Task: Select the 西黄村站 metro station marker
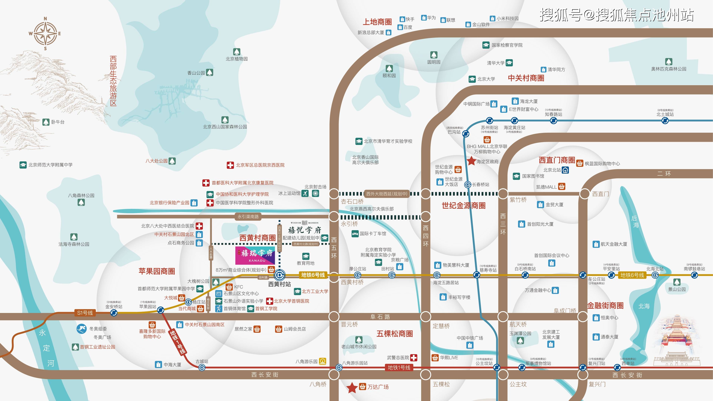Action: (280, 275)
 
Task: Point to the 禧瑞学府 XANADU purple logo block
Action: (255, 255)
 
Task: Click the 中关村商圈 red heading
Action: (526, 78)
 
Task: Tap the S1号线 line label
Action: (85, 313)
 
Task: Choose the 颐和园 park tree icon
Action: (389, 68)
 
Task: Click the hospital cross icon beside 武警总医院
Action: (413, 358)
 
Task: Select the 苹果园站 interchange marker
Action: (161, 310)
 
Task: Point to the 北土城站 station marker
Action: (665, 121)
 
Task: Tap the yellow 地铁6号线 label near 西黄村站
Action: (313, 275)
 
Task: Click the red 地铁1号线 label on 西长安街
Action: (399, 368)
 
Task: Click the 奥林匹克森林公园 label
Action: (668, 69)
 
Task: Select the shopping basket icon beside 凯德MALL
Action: (562, 187)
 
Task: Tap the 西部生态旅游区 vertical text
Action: (113, 81)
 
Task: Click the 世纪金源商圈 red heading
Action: (464, 205)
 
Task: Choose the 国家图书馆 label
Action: (533, 176)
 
